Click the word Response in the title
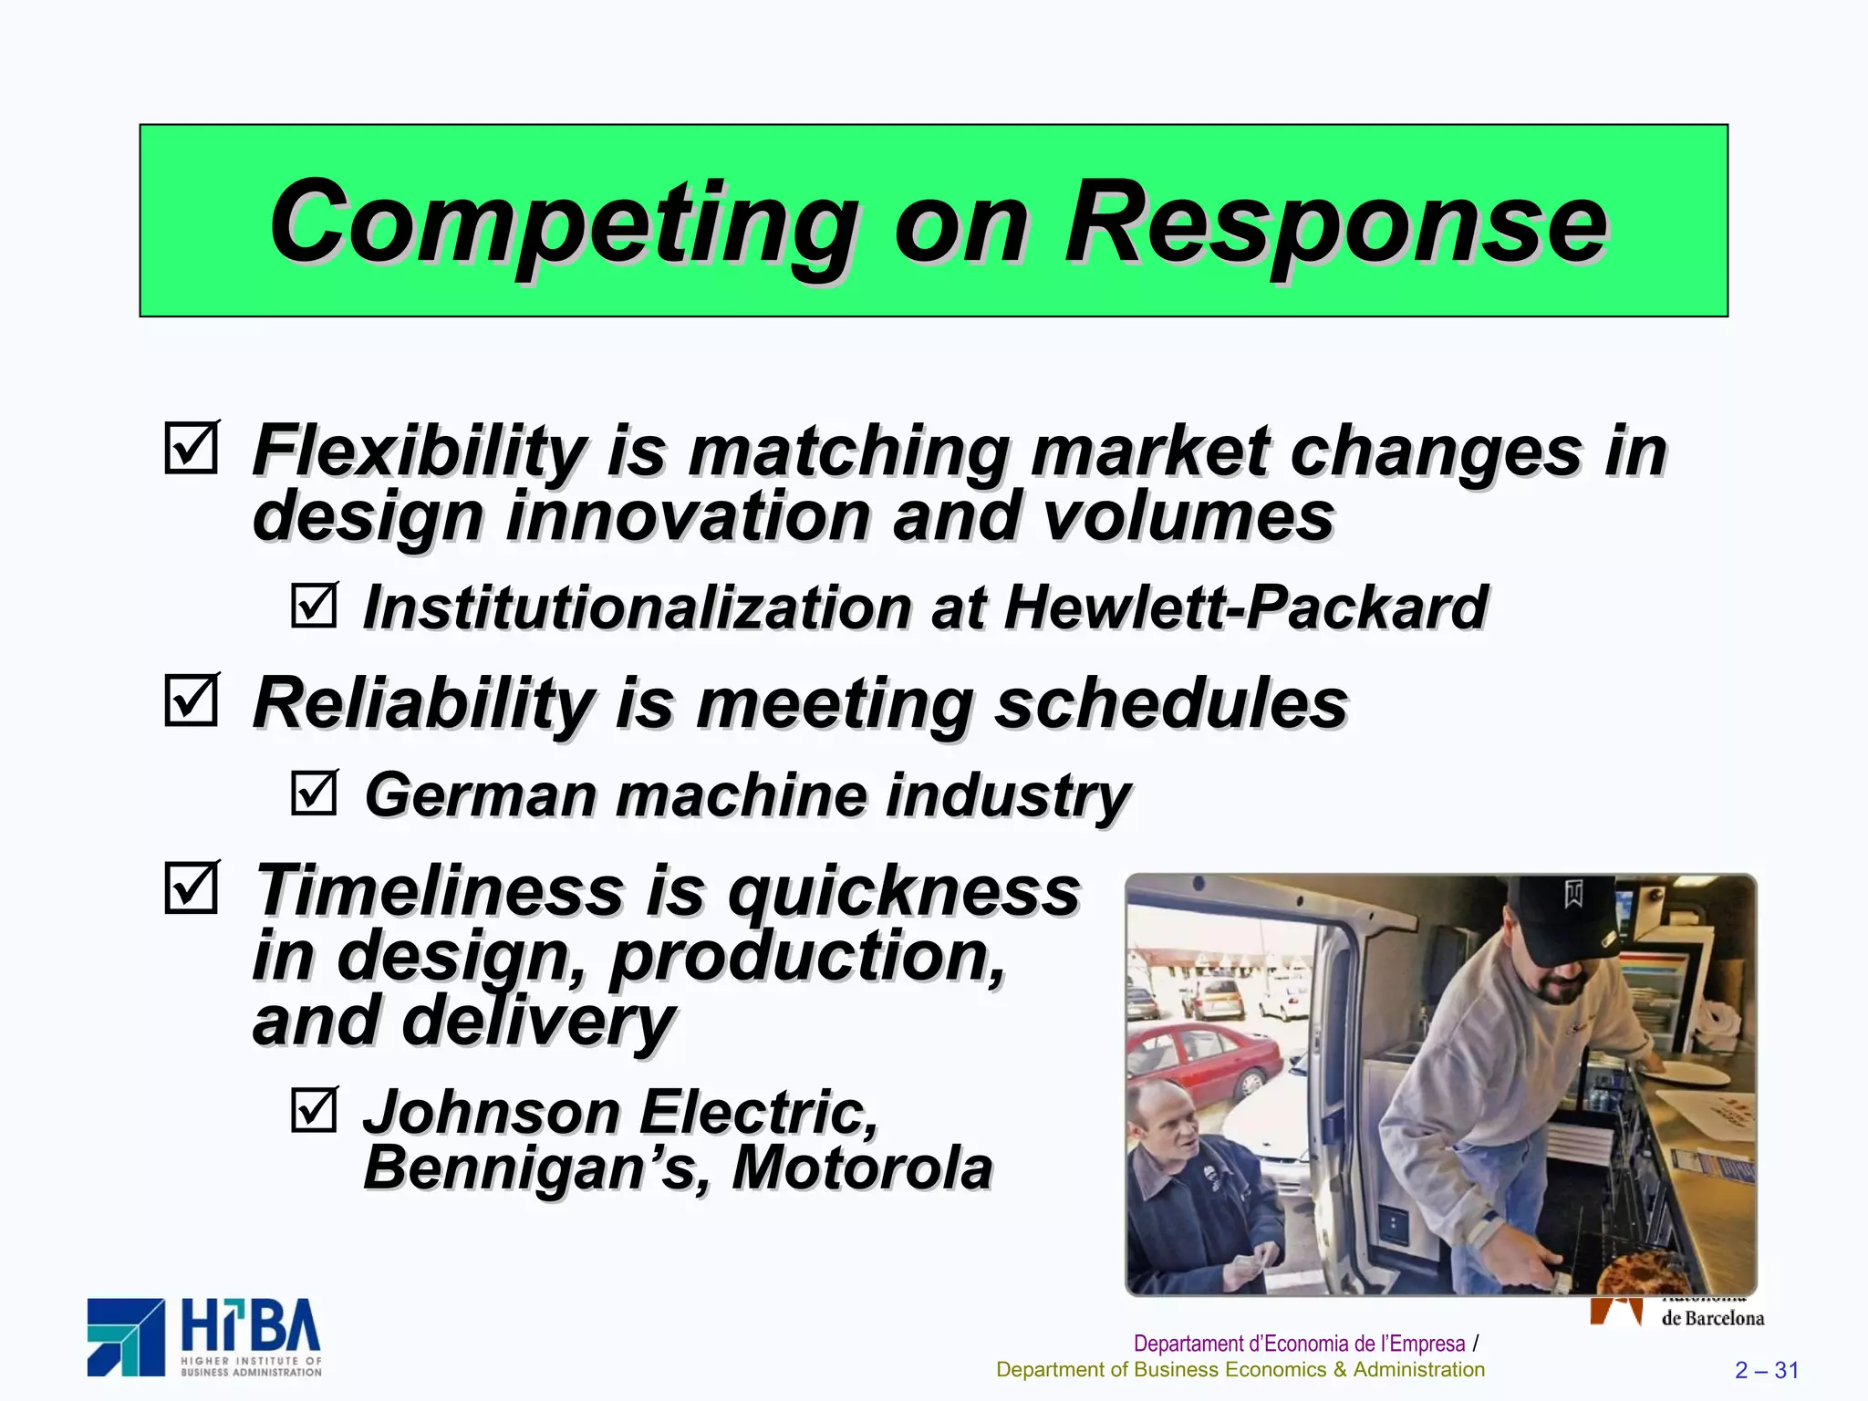(x=1335, y=223)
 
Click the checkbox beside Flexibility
(x=192, y=448)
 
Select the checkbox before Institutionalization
(x=315, y=605)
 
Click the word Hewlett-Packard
(x=1245, y=607)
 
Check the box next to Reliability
(x=192, y=700)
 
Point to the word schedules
(x=1170, y=704)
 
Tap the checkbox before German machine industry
(x=315, y=793)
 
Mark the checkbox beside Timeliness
(x=192, y=887)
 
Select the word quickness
(x=903, y=891)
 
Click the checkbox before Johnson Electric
(x=315, y=1110)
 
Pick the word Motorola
(x=862, y=1167)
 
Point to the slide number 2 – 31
(x=1766, y=1370)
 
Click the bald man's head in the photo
(x=1167, y=1117)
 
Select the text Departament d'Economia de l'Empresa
(x=1299, y=1344)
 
